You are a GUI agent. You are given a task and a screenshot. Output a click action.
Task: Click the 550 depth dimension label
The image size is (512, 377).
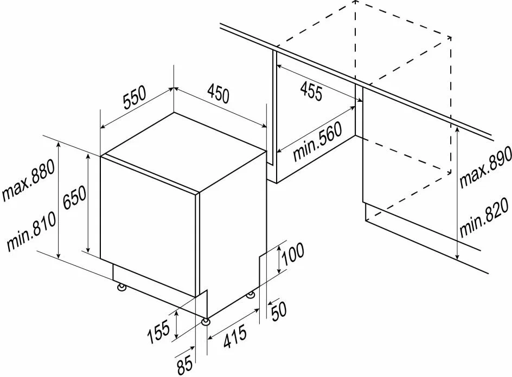pyautogui.click(x=135, y=97)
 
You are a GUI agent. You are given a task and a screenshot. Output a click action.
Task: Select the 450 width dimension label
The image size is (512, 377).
pyautogui.click(x=219, y=93)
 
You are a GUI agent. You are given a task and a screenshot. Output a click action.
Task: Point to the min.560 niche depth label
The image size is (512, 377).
pyautogui.click(x=317, y=141)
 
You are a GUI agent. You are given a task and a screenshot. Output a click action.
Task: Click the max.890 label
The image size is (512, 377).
pyautogui.click(x=485, y=167)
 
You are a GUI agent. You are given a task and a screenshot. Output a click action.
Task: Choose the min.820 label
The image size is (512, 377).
pyautogui.click(x=484, y=217)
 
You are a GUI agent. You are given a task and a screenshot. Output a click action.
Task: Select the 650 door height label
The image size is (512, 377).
pyautogui.click(x=74, y=197)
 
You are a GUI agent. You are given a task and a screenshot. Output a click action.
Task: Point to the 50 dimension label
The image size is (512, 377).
pyautogui.click(x=279, y=311)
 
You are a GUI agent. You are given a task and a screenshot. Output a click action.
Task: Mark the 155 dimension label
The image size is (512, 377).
pyautogui.click(x=159, y=331)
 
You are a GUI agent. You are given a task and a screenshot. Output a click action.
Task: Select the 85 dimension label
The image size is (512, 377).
pyautogui.click(x=184, y=366)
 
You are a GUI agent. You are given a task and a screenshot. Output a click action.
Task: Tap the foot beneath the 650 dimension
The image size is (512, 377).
pyautogui.click(x=121, y=287)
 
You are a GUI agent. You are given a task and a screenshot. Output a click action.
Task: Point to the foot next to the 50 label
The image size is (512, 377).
pyautogui.click(x=251, y=295)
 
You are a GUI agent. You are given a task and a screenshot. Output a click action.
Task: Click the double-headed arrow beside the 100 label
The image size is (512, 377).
pyautogui.click(x=279, y=260)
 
